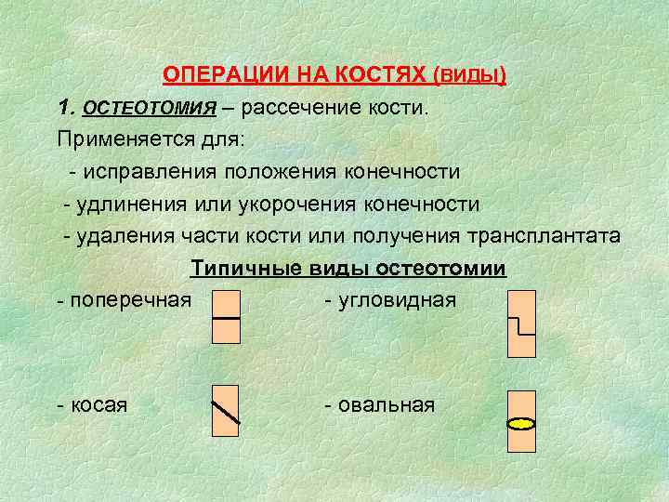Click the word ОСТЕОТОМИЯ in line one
(x=150, y=109)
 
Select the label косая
(x=98, y=404)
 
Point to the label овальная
(x=387, y=404)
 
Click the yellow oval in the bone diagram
(x=521, y=424)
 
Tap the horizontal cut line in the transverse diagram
(x=226, y=317)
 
